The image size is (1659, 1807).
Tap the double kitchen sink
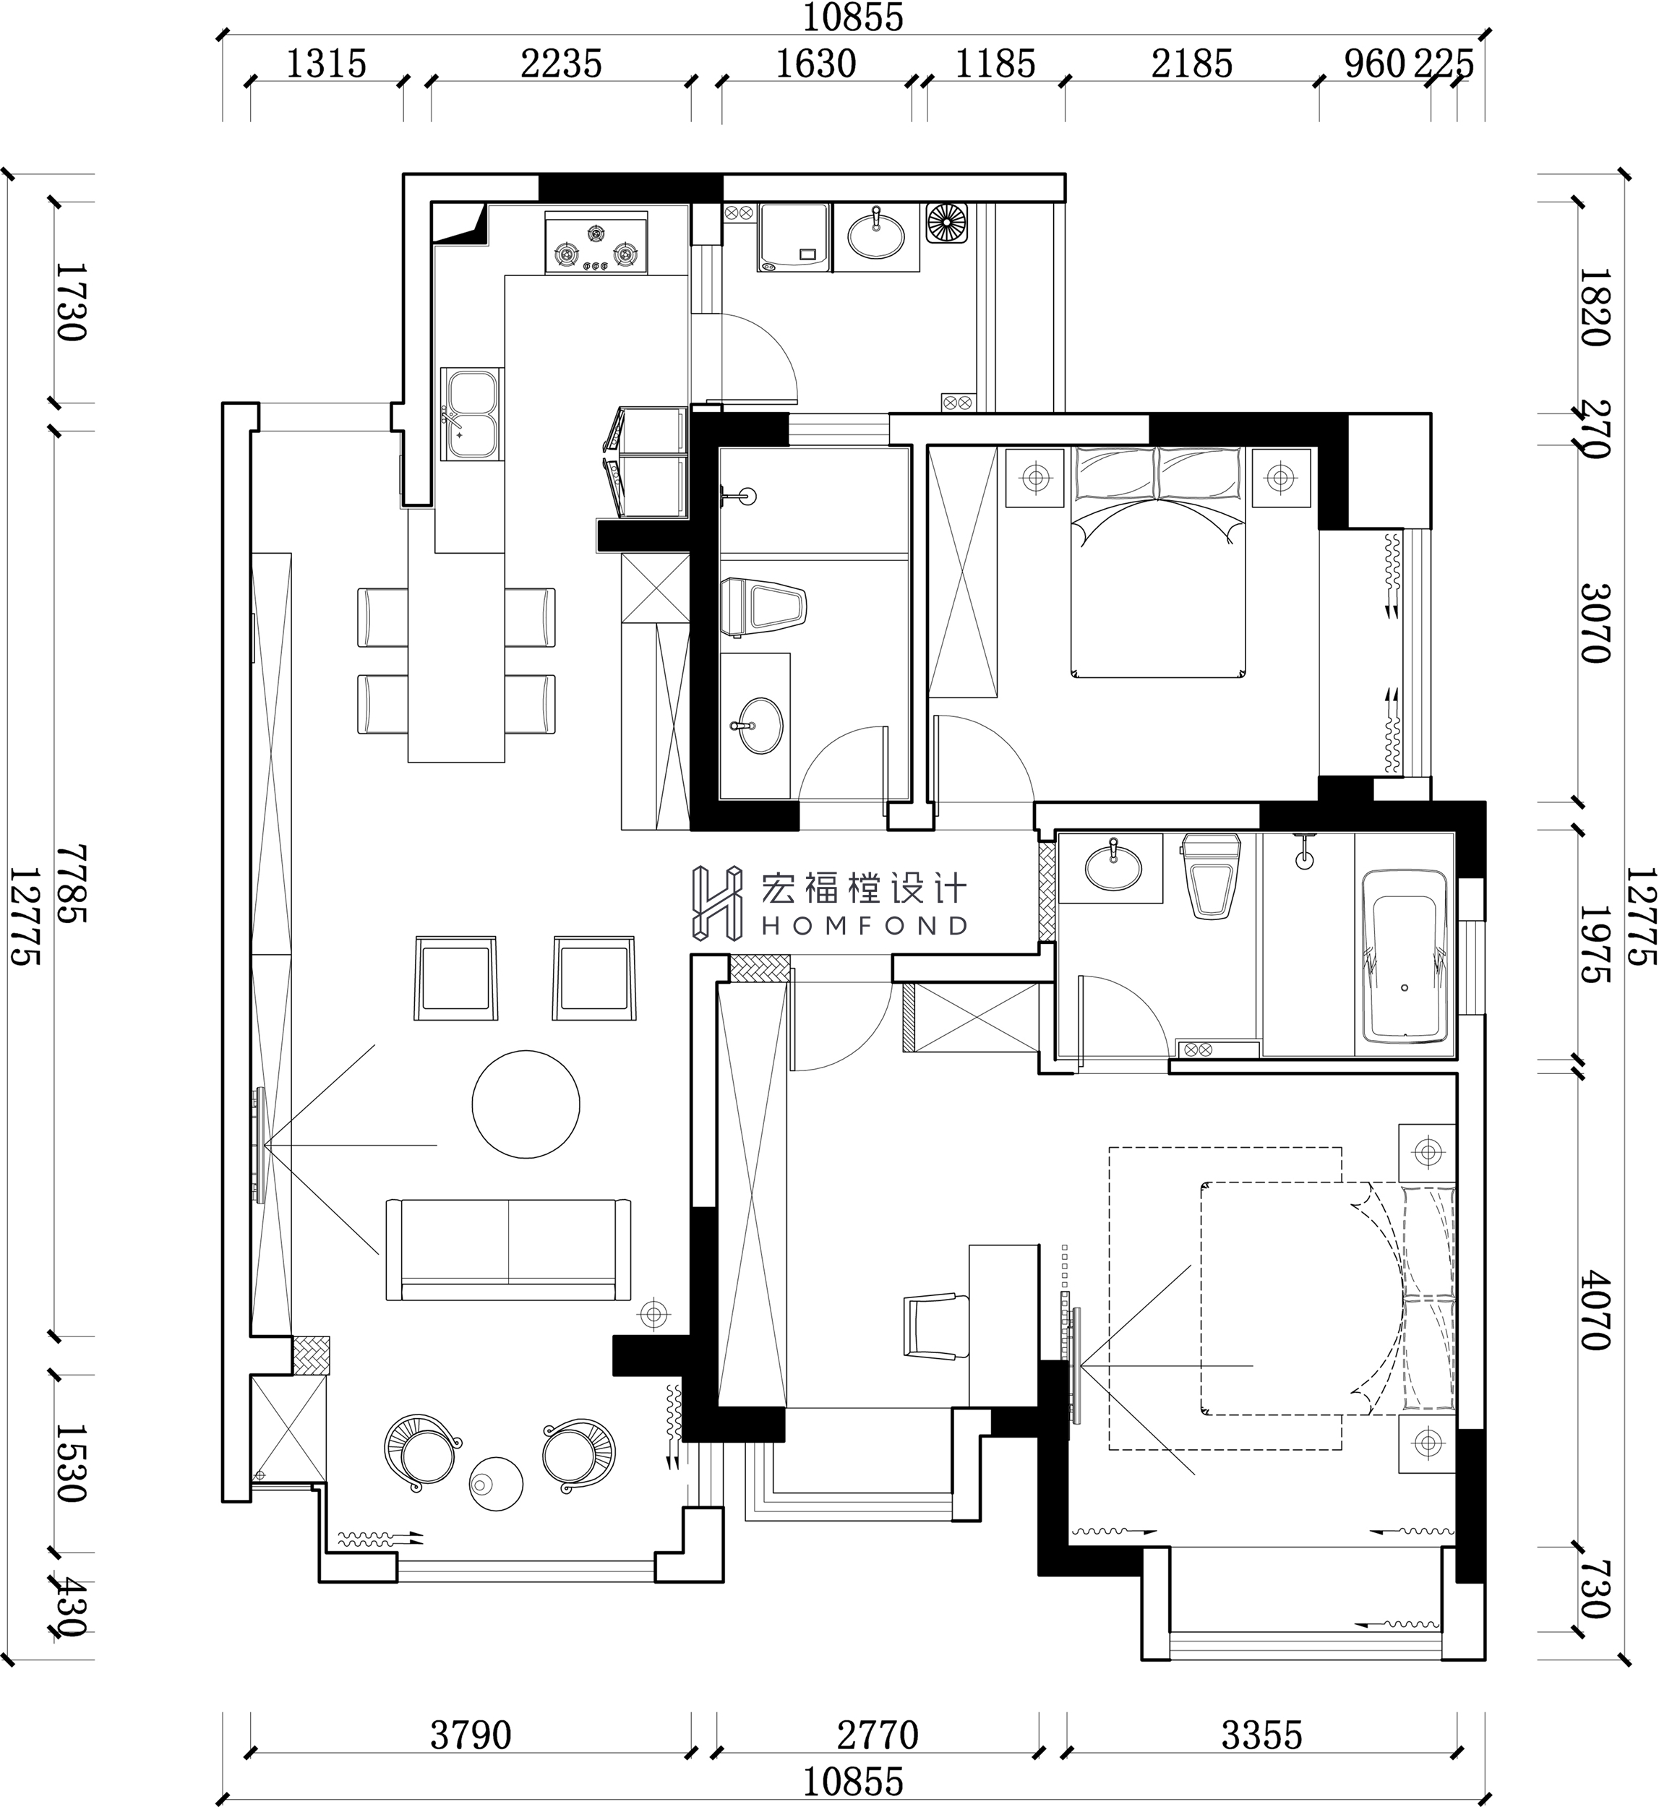(472, 414)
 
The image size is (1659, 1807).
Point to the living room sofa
(508, 1249)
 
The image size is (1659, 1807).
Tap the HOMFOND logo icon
(716, 902)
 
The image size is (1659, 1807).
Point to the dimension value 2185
(1192, 64)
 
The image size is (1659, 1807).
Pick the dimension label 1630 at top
(815, 64)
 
